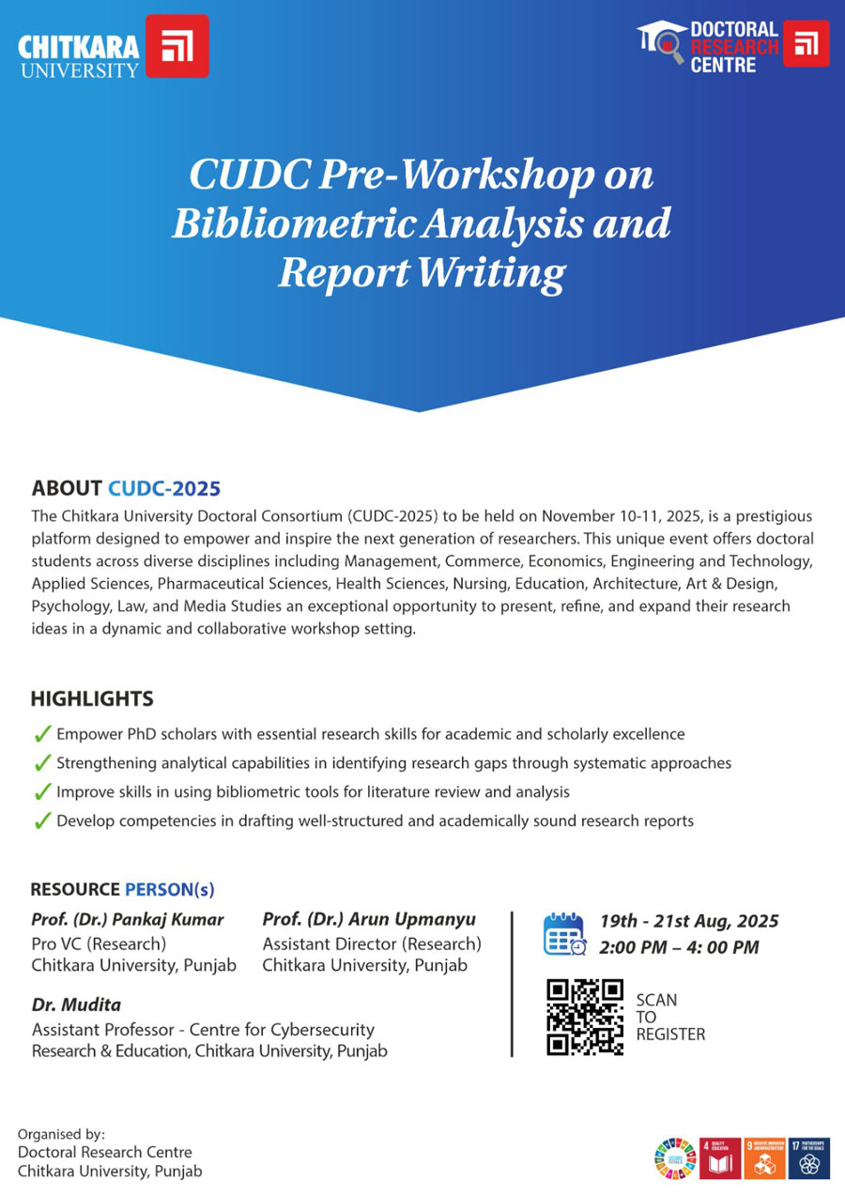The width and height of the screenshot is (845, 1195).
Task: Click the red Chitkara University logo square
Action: pos(178,46)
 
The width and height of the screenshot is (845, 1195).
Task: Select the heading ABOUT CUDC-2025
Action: pos(126,488)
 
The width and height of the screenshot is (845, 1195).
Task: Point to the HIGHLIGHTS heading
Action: pos(92,699)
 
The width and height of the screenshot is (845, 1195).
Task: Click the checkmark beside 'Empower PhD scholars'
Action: pos(41,734)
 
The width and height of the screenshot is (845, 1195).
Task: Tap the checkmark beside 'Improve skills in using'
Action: pos(41,792)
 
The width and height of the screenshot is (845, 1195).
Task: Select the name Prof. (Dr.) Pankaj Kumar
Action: pos(128,919)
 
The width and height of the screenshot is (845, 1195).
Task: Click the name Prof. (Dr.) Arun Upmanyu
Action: pos(369,919)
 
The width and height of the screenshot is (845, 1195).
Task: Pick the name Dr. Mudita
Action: pos(76,1005)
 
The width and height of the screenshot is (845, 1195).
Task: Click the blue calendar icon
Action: pos(565,934)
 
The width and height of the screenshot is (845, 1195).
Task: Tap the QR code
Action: pos(585,1017)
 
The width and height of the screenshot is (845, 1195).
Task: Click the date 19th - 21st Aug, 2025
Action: pos(689,922)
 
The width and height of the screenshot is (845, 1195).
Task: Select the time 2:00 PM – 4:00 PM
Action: pos(679,947)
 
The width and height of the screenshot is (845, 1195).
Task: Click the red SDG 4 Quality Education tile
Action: pos(720,1157)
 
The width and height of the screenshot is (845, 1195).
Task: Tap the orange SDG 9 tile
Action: pos(763,1157)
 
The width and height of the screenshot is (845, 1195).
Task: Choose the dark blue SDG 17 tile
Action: pos(809,1157)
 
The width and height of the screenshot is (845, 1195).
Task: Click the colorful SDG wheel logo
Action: pos(675,1158)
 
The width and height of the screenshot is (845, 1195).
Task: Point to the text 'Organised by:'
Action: pos(62,1134)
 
